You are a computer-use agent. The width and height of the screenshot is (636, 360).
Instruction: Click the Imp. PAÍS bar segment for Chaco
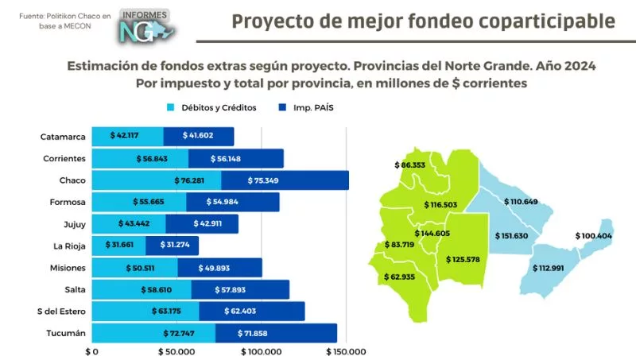pos(285,180)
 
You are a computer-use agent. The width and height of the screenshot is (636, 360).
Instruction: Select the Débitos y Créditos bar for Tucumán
pos(153,333)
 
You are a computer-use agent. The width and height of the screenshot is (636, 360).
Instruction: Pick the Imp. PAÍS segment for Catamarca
pos(199,136)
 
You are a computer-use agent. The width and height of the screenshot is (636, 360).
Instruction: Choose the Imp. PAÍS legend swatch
pos(283,108)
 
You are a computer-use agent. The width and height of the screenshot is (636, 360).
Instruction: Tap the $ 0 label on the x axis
pos(91,351)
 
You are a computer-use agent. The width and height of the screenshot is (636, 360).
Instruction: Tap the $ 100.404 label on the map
pos(593,236)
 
